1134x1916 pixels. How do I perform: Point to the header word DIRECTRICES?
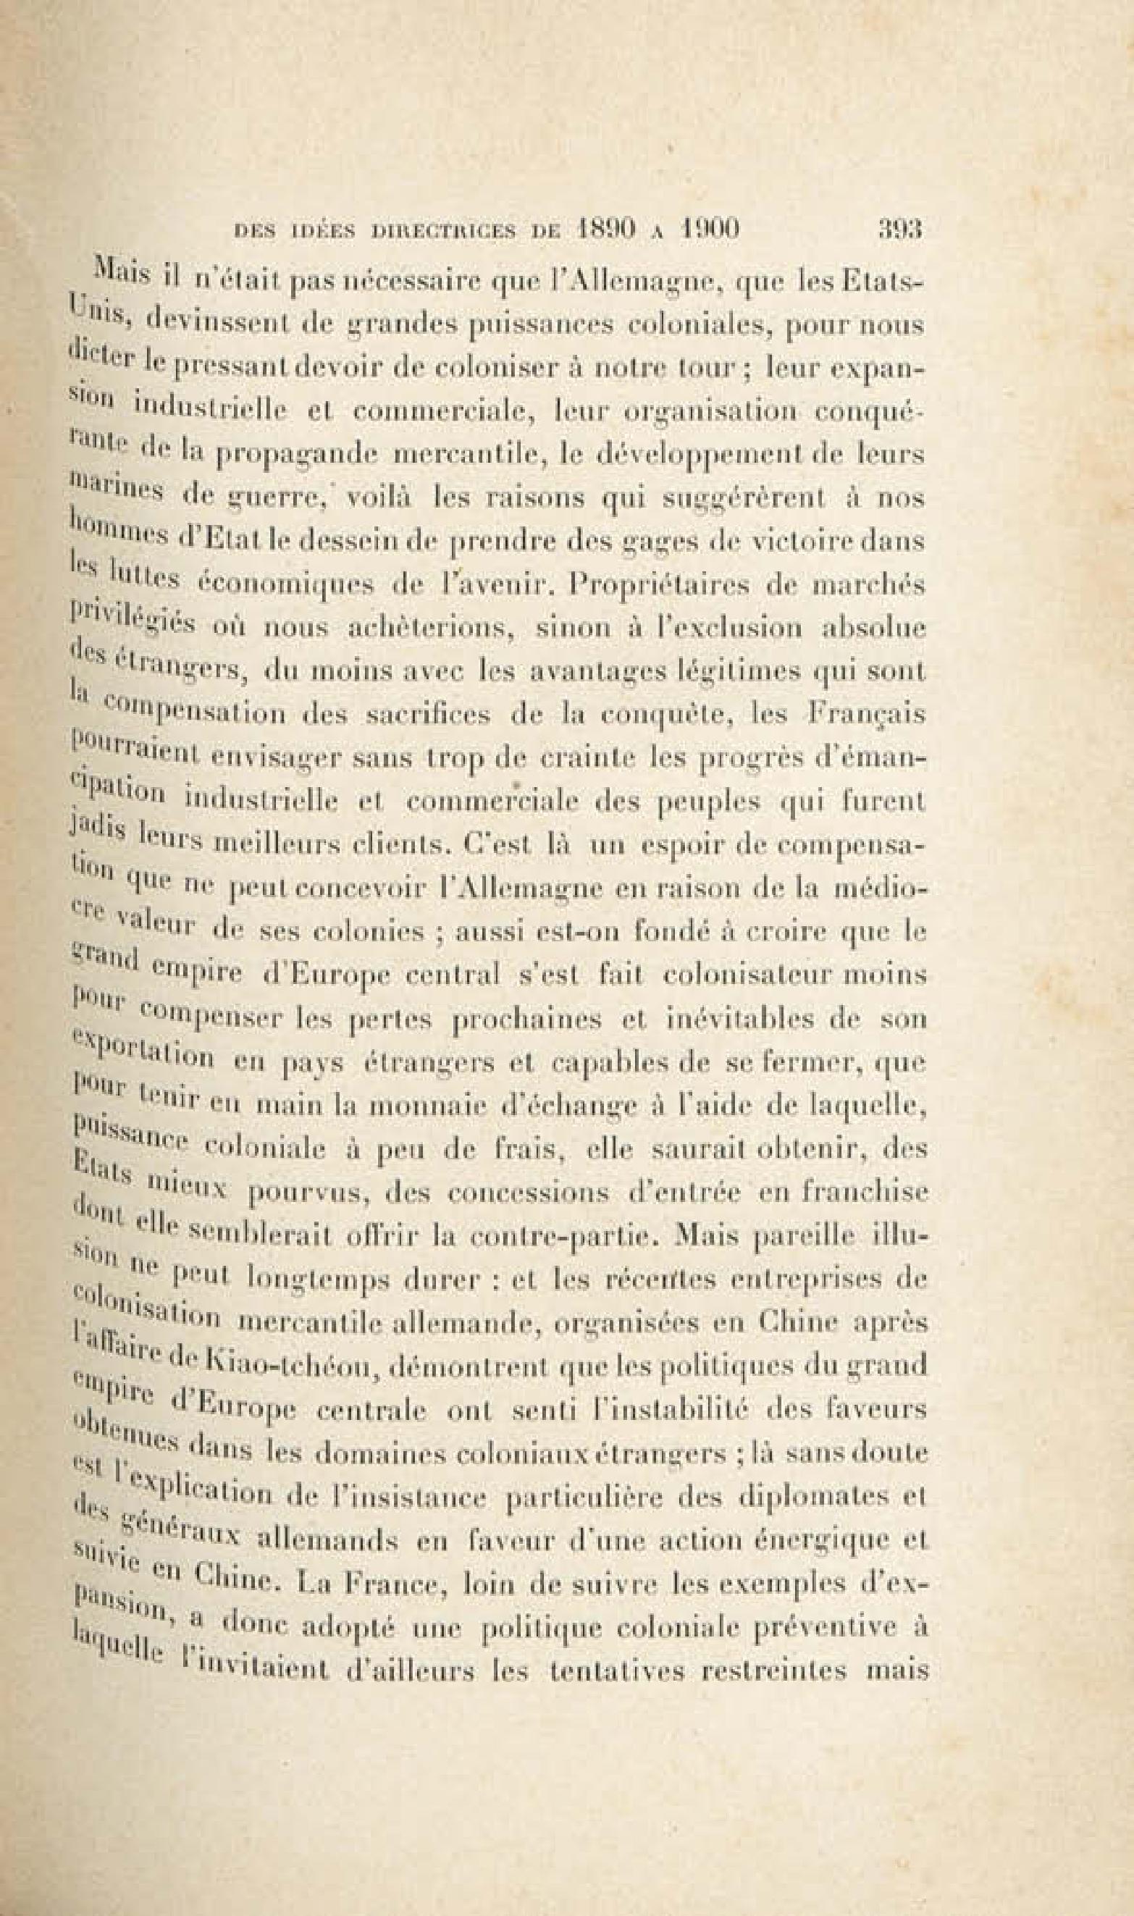(438, 230)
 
